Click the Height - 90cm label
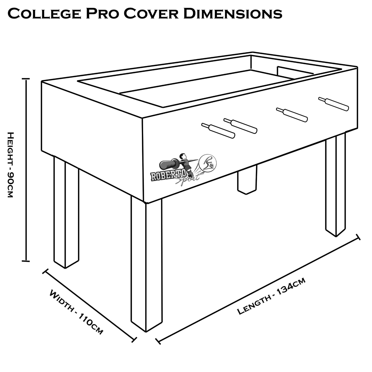tap(10, 165)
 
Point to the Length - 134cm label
tap(271, 296)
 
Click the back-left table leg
tap(66, 211)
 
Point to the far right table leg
tap(335, 185)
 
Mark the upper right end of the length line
tap(358, 237)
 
